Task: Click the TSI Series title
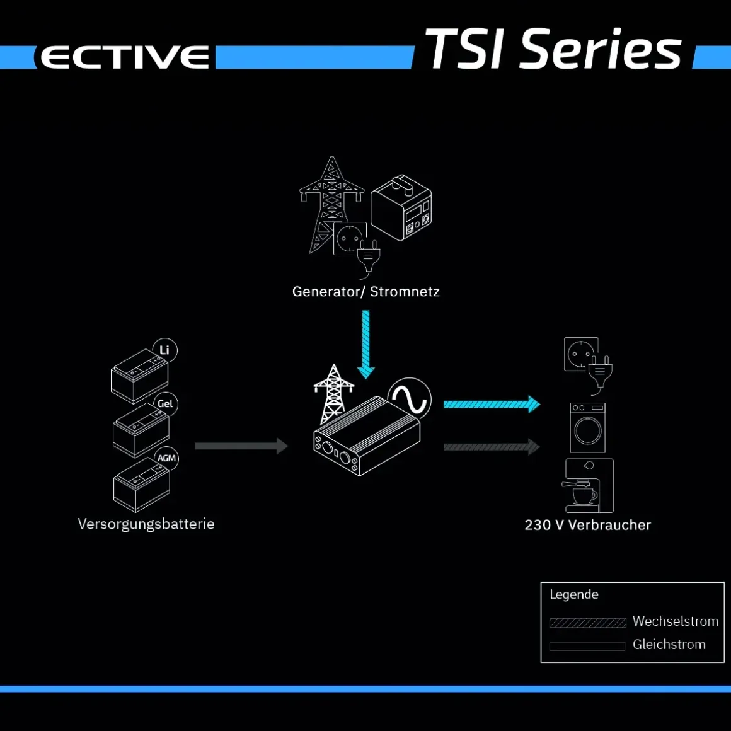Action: (553, 49)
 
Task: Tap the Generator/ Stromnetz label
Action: (366, 291)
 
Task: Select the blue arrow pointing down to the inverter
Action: (366, 344)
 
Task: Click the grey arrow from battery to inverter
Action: (241, 446)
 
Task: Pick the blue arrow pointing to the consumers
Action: (492, 404)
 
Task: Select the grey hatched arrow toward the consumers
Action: (492, 447)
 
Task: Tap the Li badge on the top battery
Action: (164, 350)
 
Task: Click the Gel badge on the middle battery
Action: (165, 404)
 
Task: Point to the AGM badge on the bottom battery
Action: (166, 458)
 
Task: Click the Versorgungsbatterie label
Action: (146, 524)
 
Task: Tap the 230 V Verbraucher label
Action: (587, 525)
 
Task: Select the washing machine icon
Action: (587, 427)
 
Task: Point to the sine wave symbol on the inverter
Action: (410, 400)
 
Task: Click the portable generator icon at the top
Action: (401, 208)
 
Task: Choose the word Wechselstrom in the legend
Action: (675, 621)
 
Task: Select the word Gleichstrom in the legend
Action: (669, 644)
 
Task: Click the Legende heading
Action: (574, 594)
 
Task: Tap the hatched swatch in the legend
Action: (587, 623)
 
